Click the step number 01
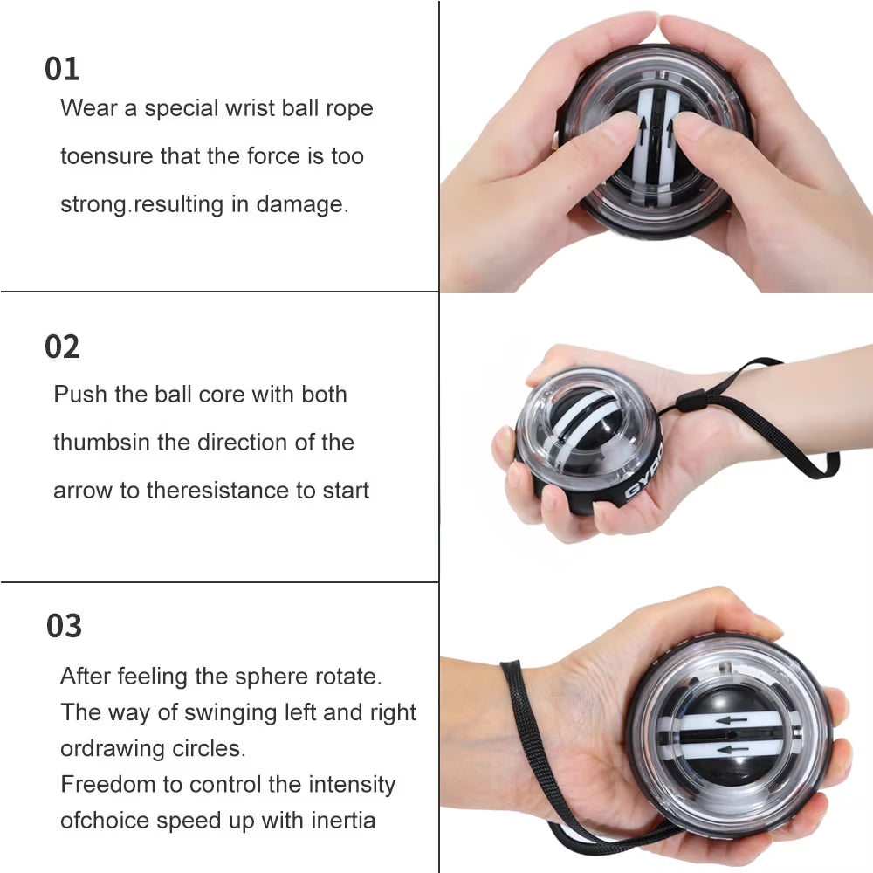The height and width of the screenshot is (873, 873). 62,69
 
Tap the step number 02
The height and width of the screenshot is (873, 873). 62,347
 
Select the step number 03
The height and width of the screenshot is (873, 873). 64,626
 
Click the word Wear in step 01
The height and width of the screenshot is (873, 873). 89,108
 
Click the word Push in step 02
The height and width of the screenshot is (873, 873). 80,395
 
